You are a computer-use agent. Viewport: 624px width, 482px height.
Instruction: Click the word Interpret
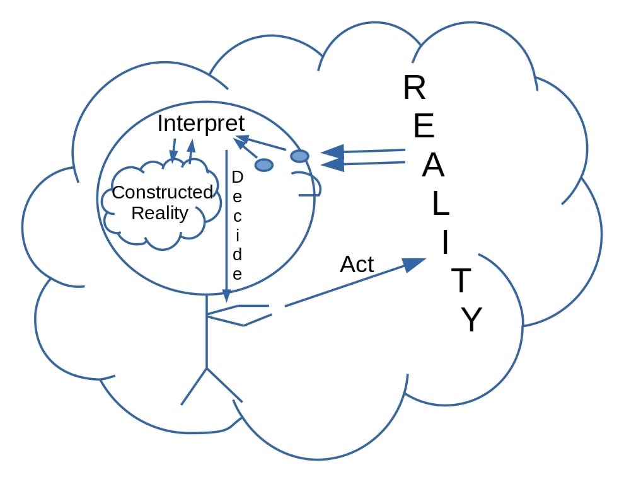pos(200,123)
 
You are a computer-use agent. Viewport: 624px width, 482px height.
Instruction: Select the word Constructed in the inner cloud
pos(163,192)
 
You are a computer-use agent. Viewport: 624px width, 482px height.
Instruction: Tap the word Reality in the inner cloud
pos(159,213)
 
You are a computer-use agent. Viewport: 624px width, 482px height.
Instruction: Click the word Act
pos(357,265)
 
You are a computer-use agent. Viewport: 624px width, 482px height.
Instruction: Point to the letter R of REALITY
pos(414,88)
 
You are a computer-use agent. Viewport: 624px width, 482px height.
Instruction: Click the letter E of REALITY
pos(424,127)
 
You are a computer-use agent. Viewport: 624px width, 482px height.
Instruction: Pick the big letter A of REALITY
pos(433,166)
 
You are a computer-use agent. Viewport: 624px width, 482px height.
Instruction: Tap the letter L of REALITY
pos(440,204)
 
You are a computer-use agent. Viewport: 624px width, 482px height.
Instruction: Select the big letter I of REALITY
pos(446,243)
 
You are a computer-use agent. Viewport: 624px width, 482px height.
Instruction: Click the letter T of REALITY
pos(461,281)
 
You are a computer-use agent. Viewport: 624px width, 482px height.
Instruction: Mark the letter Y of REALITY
pos(471,320)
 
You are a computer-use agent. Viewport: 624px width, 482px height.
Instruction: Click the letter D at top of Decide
pos(237,178)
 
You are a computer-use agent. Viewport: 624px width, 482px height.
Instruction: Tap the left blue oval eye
pos(264,165)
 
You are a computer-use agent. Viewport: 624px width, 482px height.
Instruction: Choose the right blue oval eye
pos(299,156)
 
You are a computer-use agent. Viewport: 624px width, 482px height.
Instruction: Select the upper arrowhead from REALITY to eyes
pos(332,152)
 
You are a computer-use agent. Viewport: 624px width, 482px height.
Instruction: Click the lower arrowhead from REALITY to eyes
pos(333,165)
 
